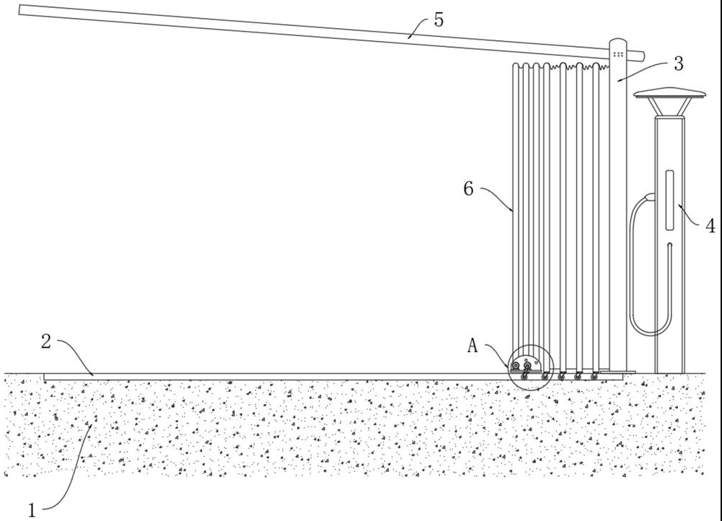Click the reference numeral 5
pyautogui.click(x=439, y=19)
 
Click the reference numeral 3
pyautogui.click(x=678, y=63)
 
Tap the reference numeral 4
pyautogui.click(x=710, y=226)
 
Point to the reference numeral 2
pyautogui.click(x=45, y=342)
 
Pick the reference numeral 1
pyautogui.click(x=32, y=510)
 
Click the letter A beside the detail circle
pyautogui.click(x=472, y=346)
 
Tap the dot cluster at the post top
pyautogui.click(x=618, y=53)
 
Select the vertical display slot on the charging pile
pyautogui.click(x=669, y=200)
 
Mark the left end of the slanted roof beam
pyautogui.click(x=22, y=10)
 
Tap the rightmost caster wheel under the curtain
pyautogui.click(x=594, y=375)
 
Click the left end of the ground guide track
pyautogui.click(x=45, y=377)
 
